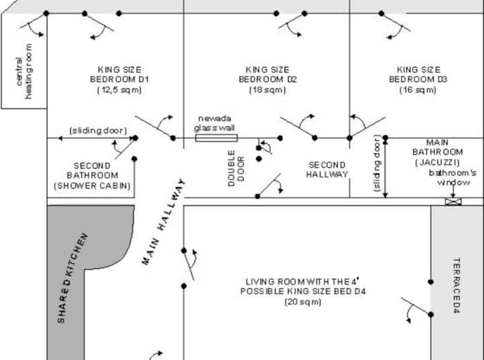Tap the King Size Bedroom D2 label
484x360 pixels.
pyautogui.click(x=268, y=74)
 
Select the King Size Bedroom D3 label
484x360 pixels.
pyautogui.click(x=419, y=74)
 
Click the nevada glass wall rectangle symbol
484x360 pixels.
pyautogui.click(x=216, y=138)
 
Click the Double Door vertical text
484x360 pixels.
pyautogui.click(x=237, y=167)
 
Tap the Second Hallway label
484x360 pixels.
pyautogui.click(x=327, y=170)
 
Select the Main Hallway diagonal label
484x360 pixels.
pyautogui.click(x=163, y=222)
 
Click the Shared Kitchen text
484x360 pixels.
pyautogui.click(x=72, y=278)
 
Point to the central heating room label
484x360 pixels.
pyautogui.click(x=24, y=71)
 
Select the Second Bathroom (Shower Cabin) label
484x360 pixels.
pyautogui.click(x=92, y=175)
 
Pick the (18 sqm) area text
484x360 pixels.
pyautogui.click(x=268, y=89)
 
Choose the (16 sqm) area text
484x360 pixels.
pyautogui.click(x=418, y=89)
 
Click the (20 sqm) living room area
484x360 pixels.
pyautogui.click(x=302, y=302)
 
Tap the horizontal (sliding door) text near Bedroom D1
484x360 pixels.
pyautogui.click(x=93, y=130)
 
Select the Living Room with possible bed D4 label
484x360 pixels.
pyautogui.click(x=302, y=286)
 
